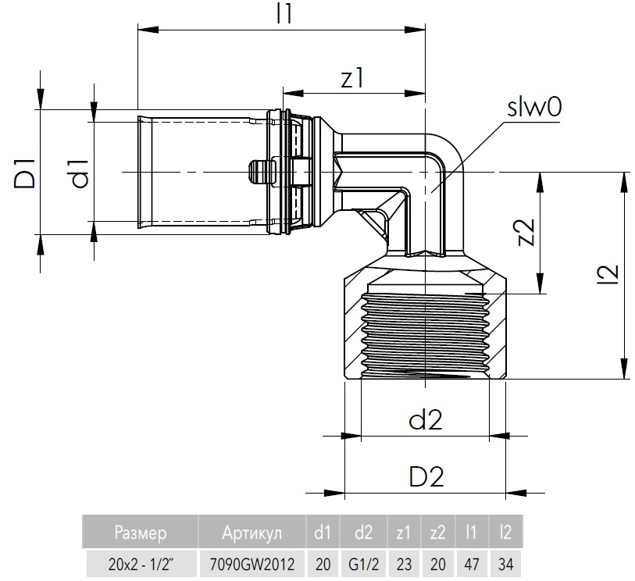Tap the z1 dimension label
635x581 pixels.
pyautogui.click(x=353, y=78)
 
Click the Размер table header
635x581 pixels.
pyautogui.click(x=141, y=534)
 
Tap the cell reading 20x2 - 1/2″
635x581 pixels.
pyautogui.click(x=141, y=563)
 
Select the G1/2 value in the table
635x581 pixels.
pyautogui.click(x=364, y=563)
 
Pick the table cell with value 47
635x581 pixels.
pyautogui.click(x=471, y=563)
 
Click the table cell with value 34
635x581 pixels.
pyautogui.click(x=505, y=563)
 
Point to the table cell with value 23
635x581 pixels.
pyautogui.click(x=404, y=563)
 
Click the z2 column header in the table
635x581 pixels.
pyautogui.click(x=437, y=534)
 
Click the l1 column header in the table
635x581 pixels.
pyautogui.click(x=471, y=534)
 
